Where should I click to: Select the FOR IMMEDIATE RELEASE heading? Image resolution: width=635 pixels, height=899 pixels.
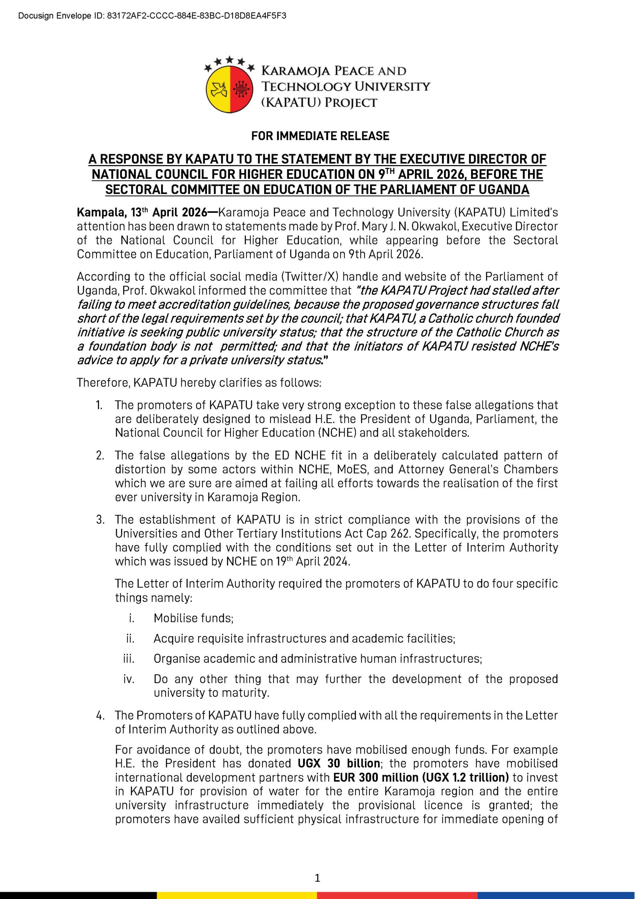[320, 136]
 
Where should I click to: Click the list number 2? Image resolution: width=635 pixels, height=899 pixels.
[100, 455]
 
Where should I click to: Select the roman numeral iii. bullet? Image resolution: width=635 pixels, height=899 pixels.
[129, 658]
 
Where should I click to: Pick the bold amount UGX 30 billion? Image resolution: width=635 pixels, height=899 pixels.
[339, 763]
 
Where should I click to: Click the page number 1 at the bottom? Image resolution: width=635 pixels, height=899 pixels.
[317, 878]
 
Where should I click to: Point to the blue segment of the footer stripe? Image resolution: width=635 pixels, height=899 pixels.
[556, 895]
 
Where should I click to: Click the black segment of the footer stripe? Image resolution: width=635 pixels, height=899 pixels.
[78, 895]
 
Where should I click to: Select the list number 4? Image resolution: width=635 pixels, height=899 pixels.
[100, 715]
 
